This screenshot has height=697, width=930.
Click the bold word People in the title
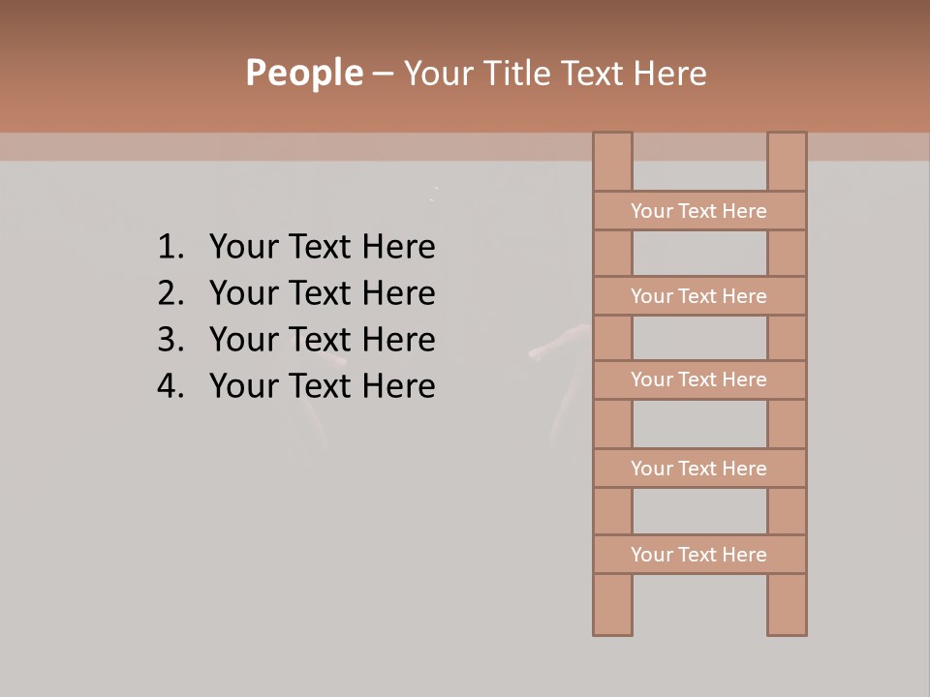click(x=303, y=73)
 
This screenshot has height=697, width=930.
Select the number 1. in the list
click(x=170, y=248)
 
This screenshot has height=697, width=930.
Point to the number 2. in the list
click(x=170, y=293)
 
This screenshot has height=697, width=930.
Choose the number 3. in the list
click(x=170, y=340)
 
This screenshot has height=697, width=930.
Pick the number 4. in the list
click(x=170, y=386)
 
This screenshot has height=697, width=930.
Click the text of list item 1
click(x=322, y=248)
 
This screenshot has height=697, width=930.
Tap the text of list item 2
click(x=322, y=293)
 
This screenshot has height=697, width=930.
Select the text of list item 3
click(x=322, y=340)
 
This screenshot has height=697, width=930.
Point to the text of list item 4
click(x=322, y=386)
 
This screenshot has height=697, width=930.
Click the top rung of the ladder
click(x=699, y=211)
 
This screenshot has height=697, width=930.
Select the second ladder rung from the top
click(x=699, y=296)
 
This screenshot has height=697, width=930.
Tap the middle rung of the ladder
click(x=699, y=379)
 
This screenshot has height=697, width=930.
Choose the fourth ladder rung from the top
click(x=699, y=469)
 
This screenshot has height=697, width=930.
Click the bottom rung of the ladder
click(x=699, y=555)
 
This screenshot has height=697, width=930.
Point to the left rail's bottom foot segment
click(x=612, y=605)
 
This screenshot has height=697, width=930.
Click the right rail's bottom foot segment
click(x=787, y=605)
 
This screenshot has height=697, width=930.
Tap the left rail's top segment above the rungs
click(x=612, y=162)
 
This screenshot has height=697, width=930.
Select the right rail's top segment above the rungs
click(x=787, y=162)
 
